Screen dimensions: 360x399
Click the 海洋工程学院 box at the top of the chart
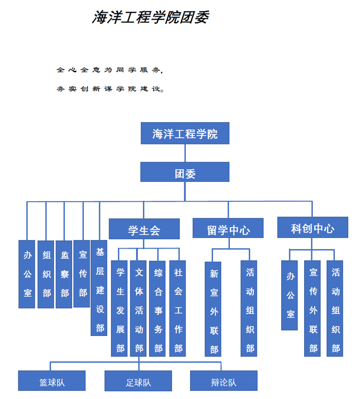point(185,133)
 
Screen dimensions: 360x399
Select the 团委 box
point(185,172)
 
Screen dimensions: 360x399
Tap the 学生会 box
point(144,229)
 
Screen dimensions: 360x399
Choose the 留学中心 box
point(228,228)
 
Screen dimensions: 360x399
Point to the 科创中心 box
point(313,227)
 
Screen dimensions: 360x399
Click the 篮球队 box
point(52,381)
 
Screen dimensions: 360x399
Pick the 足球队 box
point(138,381)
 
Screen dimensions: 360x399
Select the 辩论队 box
point(224,381)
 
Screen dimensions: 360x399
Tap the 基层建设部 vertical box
point(99,288)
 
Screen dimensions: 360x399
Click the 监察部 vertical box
point(64,274)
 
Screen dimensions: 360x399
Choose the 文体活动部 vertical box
point(138,308)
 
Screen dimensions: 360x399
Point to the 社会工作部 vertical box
point(178,308)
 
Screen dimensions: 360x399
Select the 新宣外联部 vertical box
point(213,309)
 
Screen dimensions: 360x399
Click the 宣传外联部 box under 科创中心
point(312,308)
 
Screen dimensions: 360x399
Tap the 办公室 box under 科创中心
point(289,295)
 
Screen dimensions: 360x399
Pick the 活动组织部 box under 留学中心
point(249,308)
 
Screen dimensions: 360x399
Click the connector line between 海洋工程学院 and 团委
point(185,153)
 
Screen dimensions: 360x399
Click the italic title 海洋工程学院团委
point(150,17)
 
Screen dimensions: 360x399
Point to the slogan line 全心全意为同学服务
point(109,70)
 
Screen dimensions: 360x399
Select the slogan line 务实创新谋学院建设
point(110,89)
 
